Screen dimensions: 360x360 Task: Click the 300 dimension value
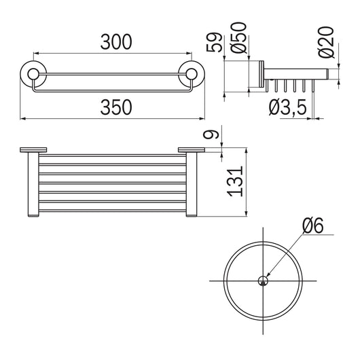click(116, 42)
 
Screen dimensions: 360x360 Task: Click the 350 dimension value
click(116, 107)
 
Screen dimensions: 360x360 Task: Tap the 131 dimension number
click(235, 181)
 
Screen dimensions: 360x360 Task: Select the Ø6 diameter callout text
click(312, 225)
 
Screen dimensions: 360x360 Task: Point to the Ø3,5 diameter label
click(288, 107)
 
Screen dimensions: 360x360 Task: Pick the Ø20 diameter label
click(326, 42)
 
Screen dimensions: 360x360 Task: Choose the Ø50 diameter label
click(239, 37)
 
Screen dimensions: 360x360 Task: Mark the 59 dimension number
click(214, 43)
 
